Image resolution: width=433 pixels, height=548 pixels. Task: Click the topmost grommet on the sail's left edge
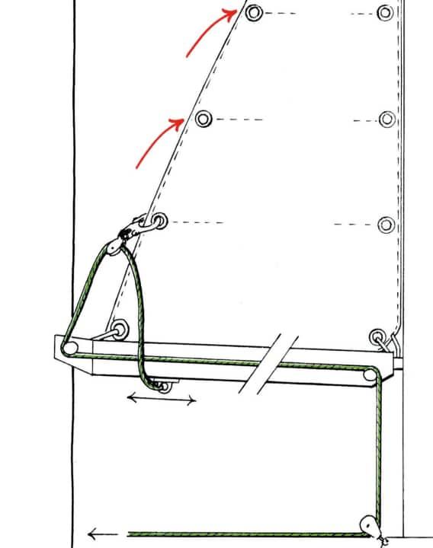tap(254, 13)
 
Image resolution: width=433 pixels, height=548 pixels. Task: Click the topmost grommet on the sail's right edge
tap(386, 13)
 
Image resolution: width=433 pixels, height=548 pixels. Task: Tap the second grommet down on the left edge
tap(203, 119)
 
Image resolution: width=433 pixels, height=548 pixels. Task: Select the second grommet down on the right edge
tap(386, 119)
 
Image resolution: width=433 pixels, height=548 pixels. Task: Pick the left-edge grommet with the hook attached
tap(159, 221)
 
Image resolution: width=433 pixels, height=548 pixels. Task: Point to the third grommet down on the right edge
tap(386, 225)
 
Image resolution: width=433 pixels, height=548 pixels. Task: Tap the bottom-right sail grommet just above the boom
tap(377, 336)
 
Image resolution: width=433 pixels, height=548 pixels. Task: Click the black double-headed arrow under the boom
tap(161, 399)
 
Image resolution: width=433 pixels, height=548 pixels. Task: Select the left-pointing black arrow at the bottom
tap(103, 534)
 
